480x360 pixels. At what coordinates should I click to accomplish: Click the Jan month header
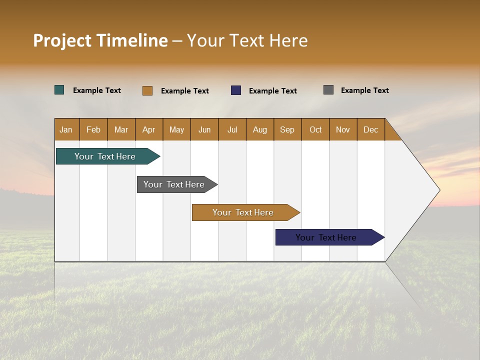tap(66, 129)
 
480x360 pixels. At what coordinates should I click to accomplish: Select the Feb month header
tap(93, 129)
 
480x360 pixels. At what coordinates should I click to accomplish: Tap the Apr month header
tap(148, 129)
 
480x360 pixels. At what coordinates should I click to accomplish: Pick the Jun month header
tap(204, 129)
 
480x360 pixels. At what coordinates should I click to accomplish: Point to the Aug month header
tap(259, 129)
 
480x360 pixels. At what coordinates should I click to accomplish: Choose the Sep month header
tap(287, 129)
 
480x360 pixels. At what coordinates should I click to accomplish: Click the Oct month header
tap(315, 129)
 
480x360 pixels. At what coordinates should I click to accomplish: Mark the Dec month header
tap(370, 129)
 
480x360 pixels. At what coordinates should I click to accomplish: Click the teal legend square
tap(59, 90)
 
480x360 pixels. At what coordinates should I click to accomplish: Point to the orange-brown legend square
tap(147, 90)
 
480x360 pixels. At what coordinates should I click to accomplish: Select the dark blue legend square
tap(236, 90)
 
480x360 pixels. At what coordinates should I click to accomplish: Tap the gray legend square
tap(328, 90)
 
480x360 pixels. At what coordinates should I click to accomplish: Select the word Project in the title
tap(62, 40)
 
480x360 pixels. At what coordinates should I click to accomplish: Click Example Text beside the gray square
tap(364, 90)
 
